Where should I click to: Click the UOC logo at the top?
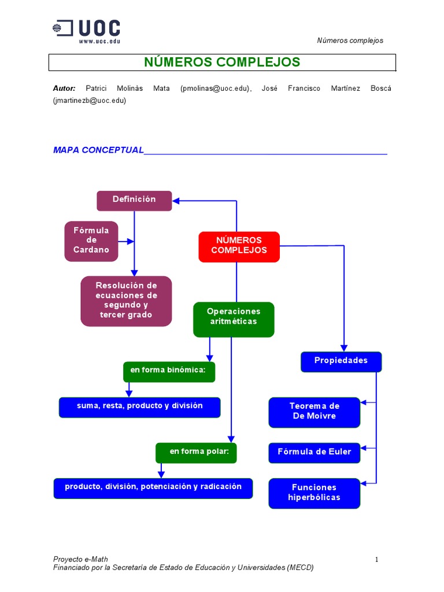click(87, 31)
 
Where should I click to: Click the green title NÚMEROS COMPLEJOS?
click(222, 62)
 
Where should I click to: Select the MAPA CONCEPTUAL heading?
click(98, 150)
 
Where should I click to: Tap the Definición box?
click(134, 200)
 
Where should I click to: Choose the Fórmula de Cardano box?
click(91, 240)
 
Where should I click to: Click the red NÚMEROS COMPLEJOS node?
click(239, 246)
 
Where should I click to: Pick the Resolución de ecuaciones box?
click(126, 301)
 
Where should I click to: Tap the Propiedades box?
click(341, 361)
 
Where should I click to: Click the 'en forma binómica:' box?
click(169, 371)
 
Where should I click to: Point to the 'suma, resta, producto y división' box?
click(139, 406)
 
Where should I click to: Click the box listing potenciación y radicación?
click(153, 487)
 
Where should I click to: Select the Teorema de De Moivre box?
click(314, 412)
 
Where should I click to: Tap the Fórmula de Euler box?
click(314, 453)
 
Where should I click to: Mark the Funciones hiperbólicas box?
click(314, 493)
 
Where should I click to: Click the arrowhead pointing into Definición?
click(176, 201)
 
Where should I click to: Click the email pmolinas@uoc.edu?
click(215, 88)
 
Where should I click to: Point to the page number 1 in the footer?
click(376, 559)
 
